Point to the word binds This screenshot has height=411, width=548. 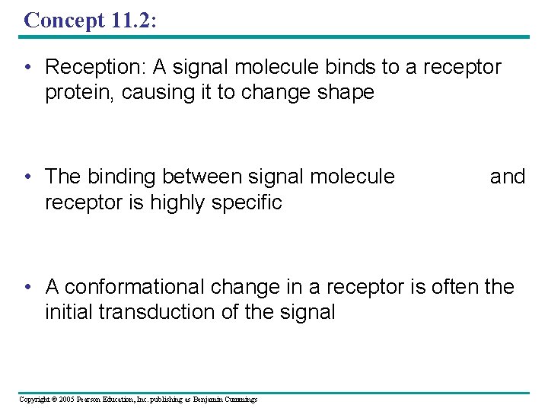(x=351, y=68)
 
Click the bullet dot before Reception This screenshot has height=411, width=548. (x=27, y=68)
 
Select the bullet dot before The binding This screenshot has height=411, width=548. (x=27, y=177)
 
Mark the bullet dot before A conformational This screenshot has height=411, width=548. (x=27, y=287)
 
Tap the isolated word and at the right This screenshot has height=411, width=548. (x=508, y=177)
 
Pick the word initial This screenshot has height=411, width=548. (x=68, y=312)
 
